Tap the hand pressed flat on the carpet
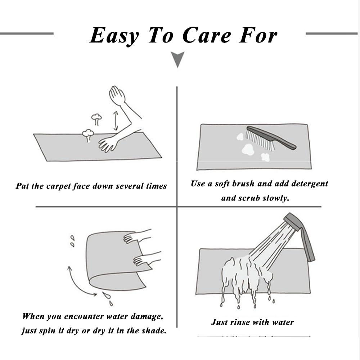point(108,144)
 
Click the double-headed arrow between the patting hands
point(116,121)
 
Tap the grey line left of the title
point(27,33)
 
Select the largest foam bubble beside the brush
point(248,149)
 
